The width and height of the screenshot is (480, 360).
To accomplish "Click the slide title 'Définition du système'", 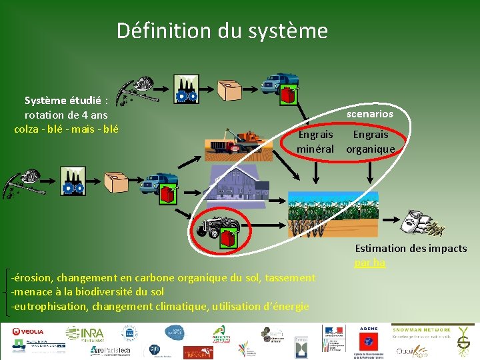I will point(222,31).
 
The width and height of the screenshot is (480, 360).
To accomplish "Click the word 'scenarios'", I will point(370,114).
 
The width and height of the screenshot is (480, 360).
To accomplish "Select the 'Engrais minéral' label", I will point(315,141).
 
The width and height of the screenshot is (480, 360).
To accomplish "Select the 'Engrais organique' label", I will point(370,141).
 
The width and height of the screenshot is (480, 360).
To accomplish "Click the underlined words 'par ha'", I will point(370,263).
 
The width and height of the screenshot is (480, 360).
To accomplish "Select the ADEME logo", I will point(369,329).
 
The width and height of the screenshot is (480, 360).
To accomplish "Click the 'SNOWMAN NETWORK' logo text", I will point(421,329).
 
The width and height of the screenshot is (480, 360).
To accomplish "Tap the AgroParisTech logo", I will point(111,350).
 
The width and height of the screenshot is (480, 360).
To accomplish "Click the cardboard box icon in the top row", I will point(230,89).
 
